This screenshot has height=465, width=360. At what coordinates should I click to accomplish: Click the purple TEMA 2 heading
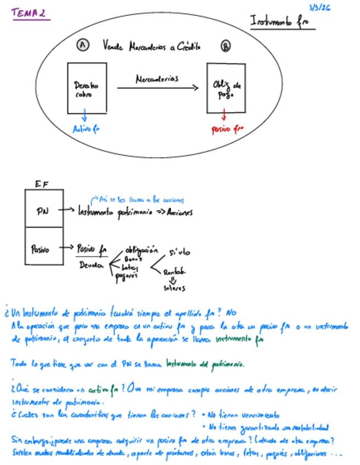point(30,13)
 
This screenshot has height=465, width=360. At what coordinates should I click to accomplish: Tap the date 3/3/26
point(319,7)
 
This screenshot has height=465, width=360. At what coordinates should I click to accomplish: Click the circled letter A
point(83,45)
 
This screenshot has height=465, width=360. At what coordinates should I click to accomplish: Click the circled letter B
point(226,46)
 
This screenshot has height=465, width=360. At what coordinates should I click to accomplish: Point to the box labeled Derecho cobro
point(87,88)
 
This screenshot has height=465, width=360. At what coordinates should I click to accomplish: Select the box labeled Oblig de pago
point(226,88)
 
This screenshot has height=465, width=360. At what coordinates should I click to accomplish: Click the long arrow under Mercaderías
point(157,88)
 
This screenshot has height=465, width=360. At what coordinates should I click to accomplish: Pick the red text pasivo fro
point(227,129)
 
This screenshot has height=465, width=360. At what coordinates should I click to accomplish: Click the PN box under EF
point(44,209)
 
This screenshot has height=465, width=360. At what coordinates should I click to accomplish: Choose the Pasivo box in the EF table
point(44,248)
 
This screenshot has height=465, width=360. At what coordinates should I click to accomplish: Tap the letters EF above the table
point(41,184)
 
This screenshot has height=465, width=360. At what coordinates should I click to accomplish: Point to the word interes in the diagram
point(175,288)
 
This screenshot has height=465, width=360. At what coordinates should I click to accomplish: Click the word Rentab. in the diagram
point(175,272)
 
